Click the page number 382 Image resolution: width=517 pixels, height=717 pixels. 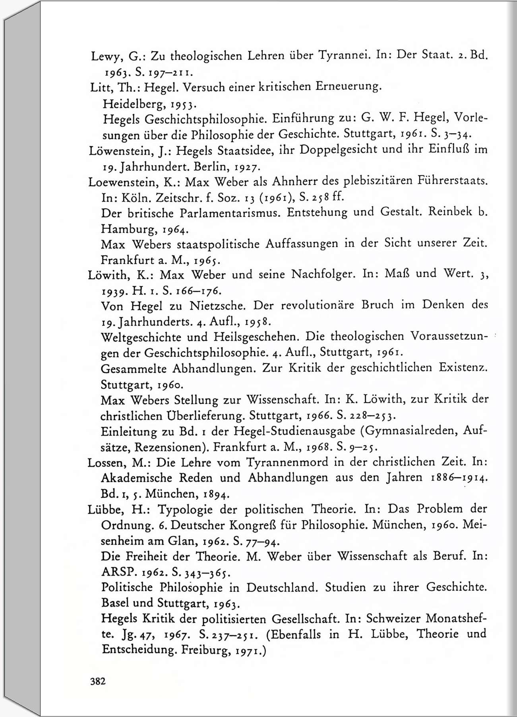pos(98,682)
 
